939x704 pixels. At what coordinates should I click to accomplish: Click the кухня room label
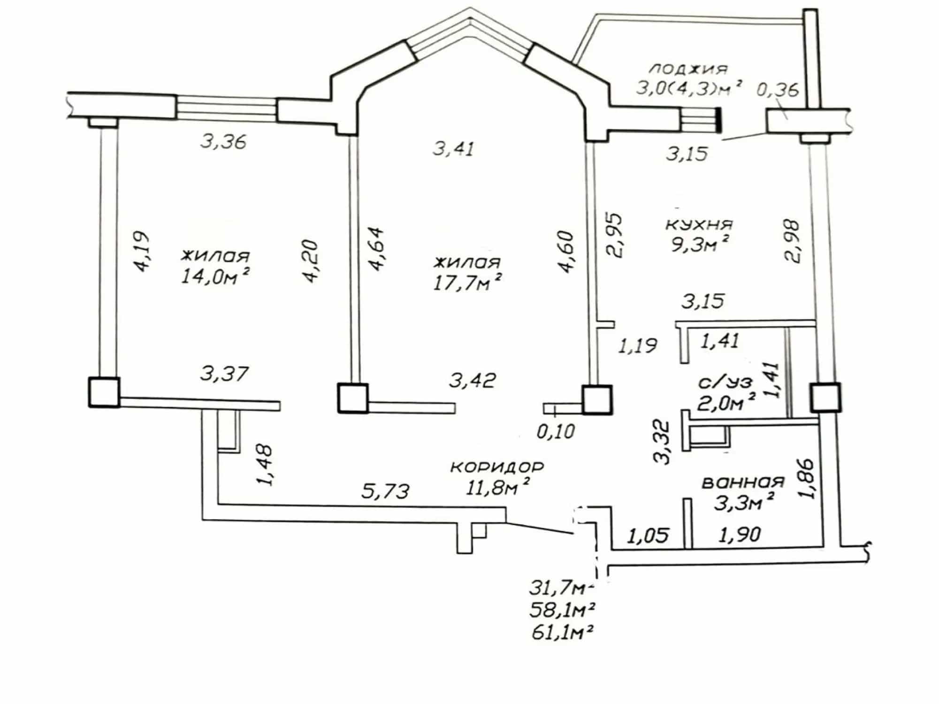699,224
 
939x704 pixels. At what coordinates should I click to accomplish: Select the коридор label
497,467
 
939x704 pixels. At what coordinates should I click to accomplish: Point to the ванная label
743,482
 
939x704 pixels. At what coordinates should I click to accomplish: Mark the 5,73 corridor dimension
385,491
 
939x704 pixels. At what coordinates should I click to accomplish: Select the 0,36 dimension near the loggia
778,89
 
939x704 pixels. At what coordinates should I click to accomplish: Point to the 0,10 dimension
556,431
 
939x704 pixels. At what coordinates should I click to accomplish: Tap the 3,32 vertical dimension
663,442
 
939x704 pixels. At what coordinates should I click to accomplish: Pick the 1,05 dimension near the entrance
647,535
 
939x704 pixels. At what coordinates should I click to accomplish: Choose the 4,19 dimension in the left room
141,252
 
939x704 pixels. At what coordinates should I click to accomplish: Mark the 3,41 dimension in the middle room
453,149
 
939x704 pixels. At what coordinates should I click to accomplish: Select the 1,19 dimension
638,346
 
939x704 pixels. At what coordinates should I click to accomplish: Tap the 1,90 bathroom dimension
740,534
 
